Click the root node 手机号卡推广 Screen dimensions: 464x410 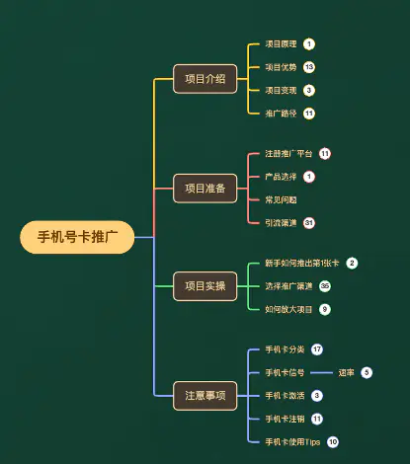(77, 237)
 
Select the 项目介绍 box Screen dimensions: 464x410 (205, 78)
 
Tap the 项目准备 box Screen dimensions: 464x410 (205, 188)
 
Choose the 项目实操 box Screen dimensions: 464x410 (205, 286)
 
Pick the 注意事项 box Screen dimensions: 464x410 (205, 395)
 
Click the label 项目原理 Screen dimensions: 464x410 (281, 44)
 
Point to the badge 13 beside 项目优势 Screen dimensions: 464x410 (309, 67)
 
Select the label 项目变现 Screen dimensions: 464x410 (281, 90)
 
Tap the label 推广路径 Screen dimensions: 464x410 (281, 113)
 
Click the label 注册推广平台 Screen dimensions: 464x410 (288, 154)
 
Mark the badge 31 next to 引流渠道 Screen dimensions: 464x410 (309, 222)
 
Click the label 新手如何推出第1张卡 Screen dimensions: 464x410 (301, 264)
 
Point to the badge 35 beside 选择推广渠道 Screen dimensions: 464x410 (325, 286)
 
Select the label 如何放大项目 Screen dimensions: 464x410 (288, 309)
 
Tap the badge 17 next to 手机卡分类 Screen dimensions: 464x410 (317, 349)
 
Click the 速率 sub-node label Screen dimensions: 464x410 (346, 372)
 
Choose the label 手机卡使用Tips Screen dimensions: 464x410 (292, 441)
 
